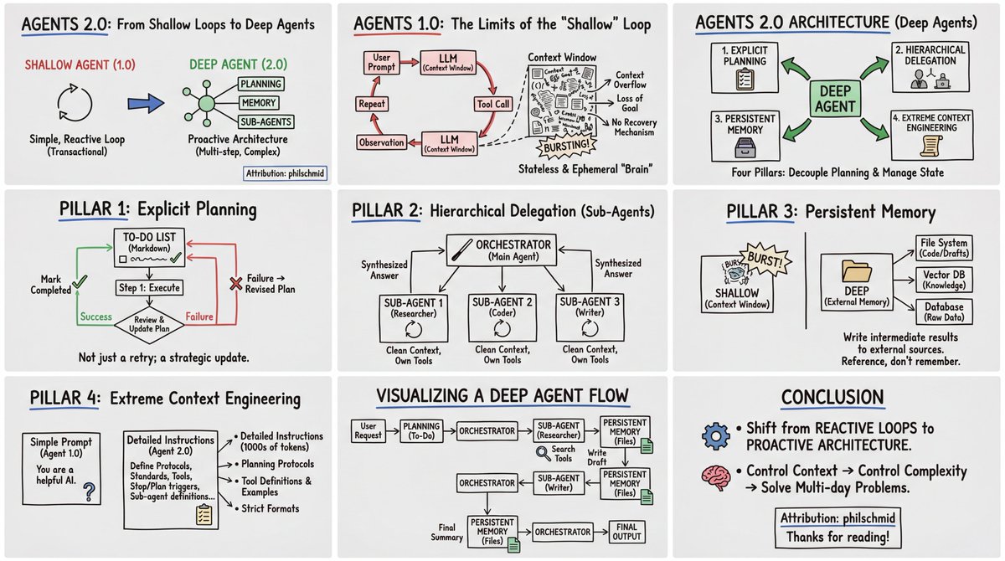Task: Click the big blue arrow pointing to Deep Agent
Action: click(145, 103)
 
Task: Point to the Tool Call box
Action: click(488, 105)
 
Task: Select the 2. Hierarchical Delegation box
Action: click(931, 68)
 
